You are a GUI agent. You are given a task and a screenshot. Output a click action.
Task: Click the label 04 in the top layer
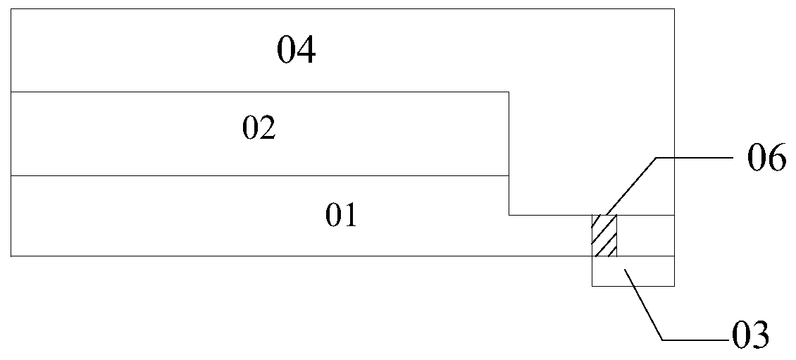296,51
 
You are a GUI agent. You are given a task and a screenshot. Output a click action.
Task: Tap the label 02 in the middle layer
259,129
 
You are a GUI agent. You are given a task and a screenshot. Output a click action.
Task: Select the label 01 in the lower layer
341,216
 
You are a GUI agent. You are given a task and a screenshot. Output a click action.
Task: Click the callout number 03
748,335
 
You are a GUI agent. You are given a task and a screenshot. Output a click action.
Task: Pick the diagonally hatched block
604,236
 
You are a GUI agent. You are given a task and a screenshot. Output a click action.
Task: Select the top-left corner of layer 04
11,8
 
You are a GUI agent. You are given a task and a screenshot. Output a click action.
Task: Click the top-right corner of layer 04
674,8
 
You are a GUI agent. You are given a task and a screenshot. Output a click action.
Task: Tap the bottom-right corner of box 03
674,286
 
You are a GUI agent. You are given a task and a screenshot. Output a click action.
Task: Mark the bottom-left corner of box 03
592,286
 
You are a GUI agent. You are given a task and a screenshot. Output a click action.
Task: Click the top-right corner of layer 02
509,92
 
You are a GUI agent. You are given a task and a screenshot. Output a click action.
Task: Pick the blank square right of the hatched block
645,236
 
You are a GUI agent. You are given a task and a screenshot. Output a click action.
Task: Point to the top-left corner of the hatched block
592,215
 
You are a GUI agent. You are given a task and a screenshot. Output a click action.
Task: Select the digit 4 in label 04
306,51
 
